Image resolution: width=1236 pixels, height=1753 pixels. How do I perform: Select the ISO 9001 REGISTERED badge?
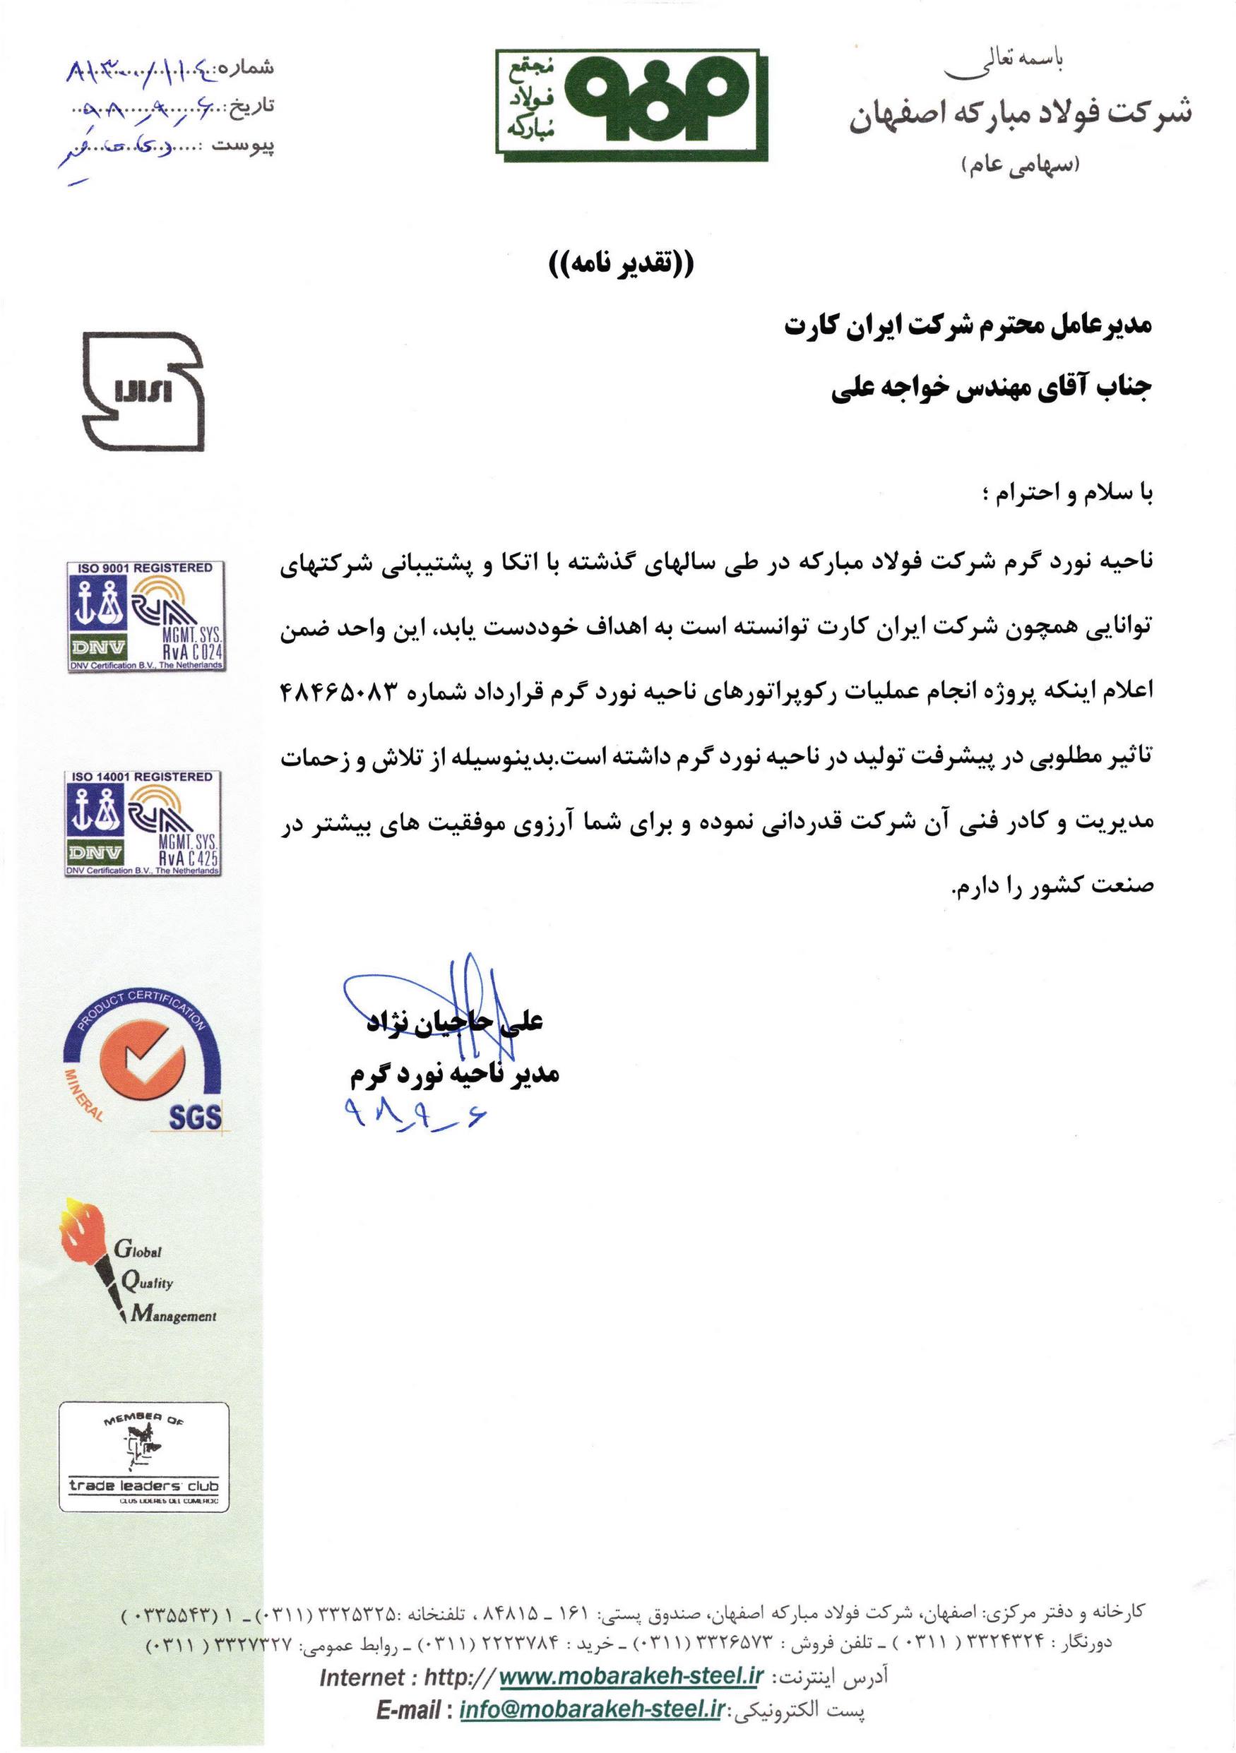(x=145, y=616)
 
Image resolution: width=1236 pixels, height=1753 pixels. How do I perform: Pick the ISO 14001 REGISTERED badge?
(x=143, y=824)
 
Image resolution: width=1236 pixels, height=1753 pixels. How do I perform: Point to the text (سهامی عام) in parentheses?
(x=1021, y=164)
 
